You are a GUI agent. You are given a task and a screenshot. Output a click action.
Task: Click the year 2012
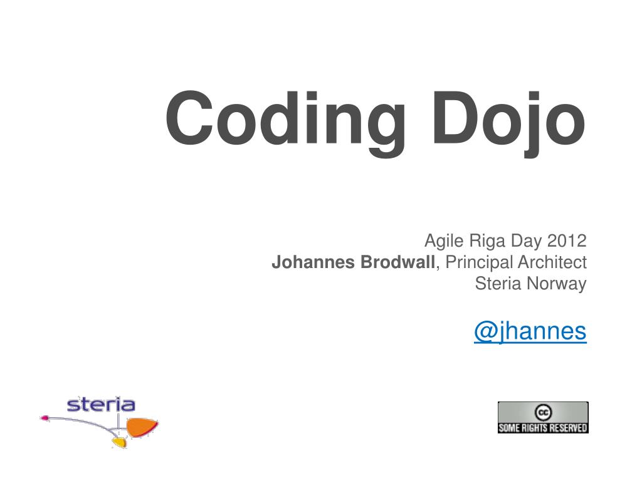point(567,240)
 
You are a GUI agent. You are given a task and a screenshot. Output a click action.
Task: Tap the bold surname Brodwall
point(394,262)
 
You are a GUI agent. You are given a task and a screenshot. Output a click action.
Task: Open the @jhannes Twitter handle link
point(530,331)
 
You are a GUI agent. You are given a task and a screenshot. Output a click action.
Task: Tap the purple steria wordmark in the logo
point(101,404)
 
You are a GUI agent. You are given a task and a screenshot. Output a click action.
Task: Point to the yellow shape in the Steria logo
point(118,442)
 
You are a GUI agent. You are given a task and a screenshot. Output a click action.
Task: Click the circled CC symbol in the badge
point(543,411)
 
